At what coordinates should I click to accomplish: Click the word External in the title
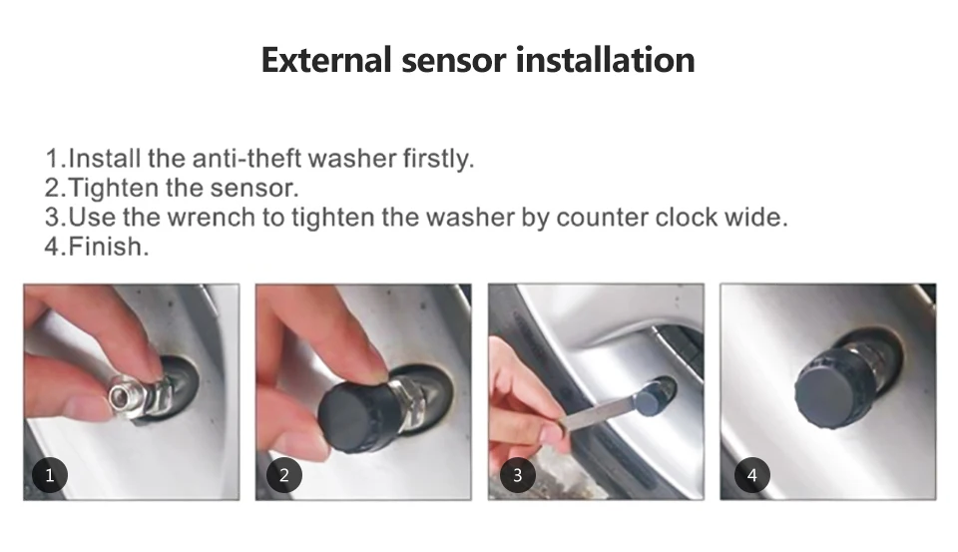click(326, 60)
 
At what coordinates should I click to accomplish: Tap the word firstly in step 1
click(438, 159)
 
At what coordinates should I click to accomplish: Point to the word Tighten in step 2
click(113, 188)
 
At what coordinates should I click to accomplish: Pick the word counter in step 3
click(602, 217)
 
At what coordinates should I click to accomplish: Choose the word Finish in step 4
click(108, 247)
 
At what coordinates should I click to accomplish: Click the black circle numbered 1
click(50, 475)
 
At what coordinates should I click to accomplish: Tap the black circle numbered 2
click(284, 475)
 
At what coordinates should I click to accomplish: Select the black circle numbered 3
click(518, 475)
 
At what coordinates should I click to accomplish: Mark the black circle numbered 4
click(752, 475)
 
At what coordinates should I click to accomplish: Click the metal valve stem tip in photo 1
click(126, 398)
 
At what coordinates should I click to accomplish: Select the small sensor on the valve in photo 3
click(653, 397)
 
